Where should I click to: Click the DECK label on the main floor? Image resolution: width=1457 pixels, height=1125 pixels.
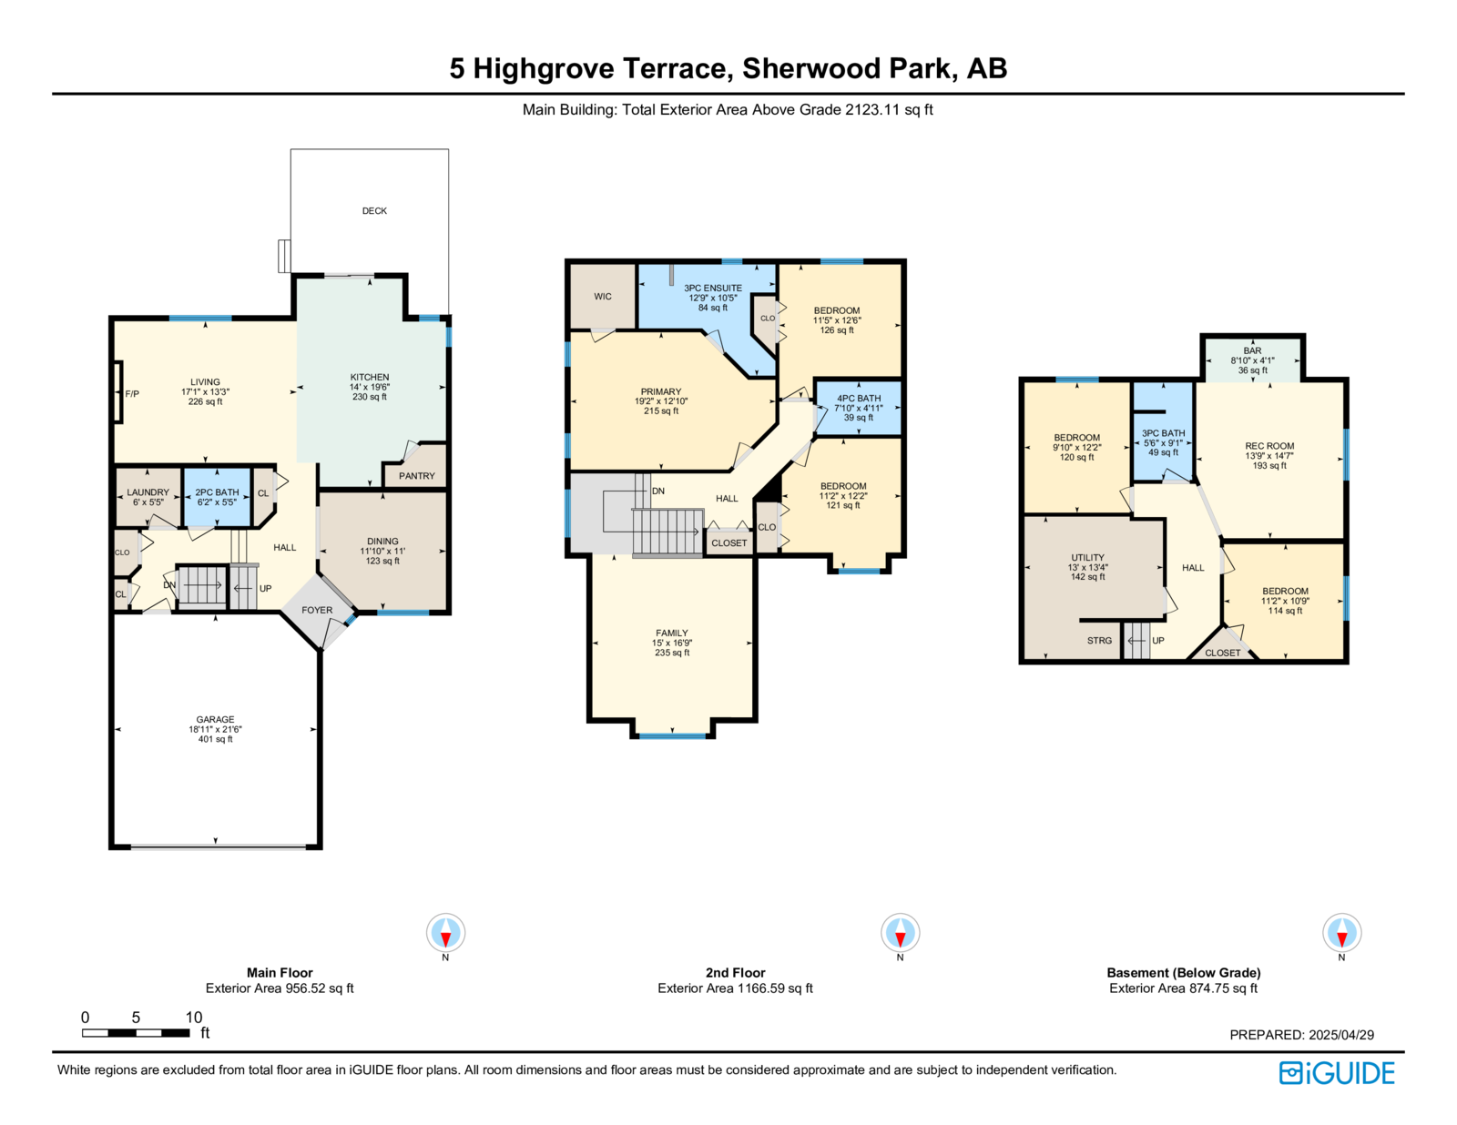[x=374, y=210]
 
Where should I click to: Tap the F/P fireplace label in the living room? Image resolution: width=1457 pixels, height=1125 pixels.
[x=132, y=393]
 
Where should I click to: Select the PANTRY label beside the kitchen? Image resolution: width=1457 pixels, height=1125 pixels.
[x=416, y=476]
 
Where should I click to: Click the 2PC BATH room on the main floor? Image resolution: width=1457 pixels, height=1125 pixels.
[x=217, y=497]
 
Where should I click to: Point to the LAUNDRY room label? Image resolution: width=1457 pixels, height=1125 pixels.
[x=148, y=492]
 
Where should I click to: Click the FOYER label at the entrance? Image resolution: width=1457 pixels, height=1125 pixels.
[x=317, y=610]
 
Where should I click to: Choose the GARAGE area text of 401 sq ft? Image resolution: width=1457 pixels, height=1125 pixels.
[x=215, y=739]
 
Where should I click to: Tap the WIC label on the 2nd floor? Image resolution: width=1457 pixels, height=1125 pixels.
[x=602, y=296]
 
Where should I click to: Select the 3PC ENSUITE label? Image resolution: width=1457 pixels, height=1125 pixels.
[x=713, y=289]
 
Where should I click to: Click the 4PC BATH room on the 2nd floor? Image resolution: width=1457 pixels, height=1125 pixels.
[x=858, y=408]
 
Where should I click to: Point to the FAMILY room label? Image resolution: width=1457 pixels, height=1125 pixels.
[x=672, y=633]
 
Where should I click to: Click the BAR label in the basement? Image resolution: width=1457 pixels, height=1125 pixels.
[x=1252, y=350]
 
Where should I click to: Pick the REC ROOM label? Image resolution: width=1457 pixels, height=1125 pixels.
[x=1269, y=446]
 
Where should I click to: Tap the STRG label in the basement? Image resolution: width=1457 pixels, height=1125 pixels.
[x=1099, y=641]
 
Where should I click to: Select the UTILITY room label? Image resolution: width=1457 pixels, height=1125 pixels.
[x=1087, y=557]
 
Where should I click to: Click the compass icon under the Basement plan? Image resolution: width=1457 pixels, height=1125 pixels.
[x=1341, y=932]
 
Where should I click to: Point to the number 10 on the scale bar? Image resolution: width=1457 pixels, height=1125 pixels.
[x=194, y=1017]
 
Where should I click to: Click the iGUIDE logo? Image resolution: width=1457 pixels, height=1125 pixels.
[x=1336, y=1073]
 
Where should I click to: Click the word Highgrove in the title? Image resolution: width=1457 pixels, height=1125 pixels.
[x=543, y=69]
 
